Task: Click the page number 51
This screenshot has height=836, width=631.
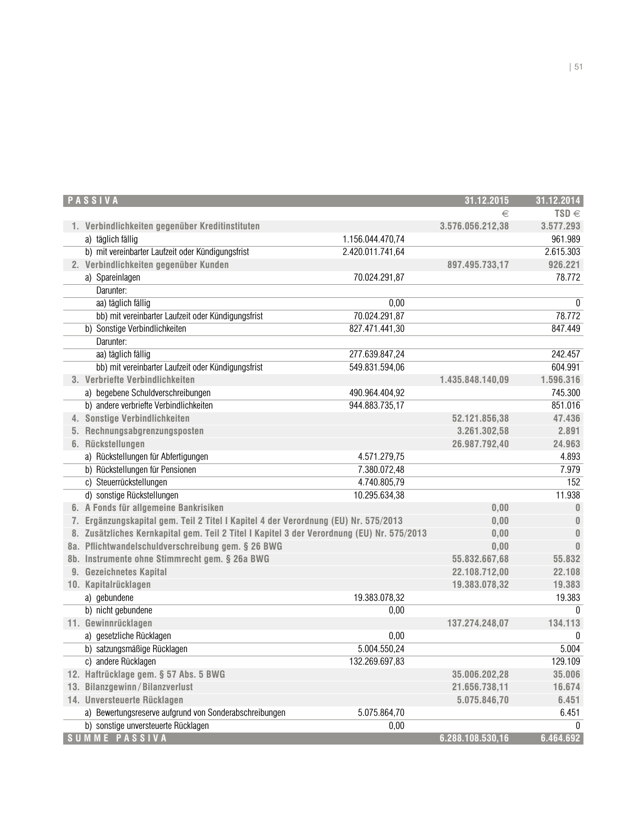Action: [x=578, y=67]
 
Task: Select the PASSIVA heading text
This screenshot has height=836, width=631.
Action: [x=93, y=201]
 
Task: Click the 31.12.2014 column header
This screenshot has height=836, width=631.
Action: [x=558, y=201]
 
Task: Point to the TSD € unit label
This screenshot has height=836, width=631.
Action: [x=567, y=214]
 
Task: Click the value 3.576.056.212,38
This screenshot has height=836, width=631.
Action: [x=474, y=226]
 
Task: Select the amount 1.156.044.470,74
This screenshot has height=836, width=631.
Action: [x=373, y=239]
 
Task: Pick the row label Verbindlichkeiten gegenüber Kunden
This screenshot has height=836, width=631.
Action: [x=157, y=265]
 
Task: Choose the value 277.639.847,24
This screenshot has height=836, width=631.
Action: [x=377, y=354]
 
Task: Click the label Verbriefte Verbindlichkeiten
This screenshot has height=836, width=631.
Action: [x=139, y=380]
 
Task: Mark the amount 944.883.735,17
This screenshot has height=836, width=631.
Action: [x=377, y=405]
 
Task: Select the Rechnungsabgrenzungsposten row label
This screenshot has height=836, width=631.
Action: [x=144, y=431]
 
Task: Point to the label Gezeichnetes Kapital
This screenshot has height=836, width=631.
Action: [x=126, y=572]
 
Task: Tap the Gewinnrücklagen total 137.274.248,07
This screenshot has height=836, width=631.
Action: [x=478, y=623]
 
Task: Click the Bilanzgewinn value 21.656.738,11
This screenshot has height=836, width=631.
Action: [x=480, y=687]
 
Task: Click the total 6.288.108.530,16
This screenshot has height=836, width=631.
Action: [x=474, y=738]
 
